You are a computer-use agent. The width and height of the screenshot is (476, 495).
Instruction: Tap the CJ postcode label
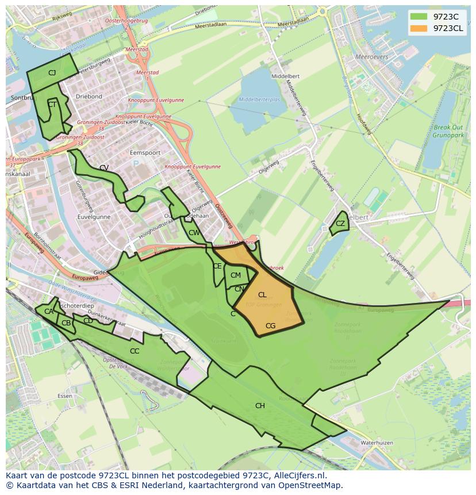click(52, 73)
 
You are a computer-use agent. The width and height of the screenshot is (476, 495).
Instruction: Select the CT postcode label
click(52, 105)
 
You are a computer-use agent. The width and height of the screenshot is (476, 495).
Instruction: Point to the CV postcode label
click(104, 168)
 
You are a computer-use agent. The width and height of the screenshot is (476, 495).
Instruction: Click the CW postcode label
click(194, 233)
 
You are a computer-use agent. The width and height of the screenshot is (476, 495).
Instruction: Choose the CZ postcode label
click(340, 224)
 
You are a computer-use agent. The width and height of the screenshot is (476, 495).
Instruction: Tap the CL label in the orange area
click(262, 295)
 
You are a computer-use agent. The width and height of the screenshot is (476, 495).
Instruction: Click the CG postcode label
click(270, 326)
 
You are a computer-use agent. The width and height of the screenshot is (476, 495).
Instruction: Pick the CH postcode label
click(260, 406)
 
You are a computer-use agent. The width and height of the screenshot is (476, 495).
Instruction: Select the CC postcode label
click(135, 351)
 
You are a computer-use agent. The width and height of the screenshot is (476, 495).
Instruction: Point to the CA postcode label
click(49, 312)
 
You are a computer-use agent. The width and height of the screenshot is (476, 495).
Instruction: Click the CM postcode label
click(236, 275)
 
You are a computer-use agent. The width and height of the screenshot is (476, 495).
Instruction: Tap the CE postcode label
click(217, 266)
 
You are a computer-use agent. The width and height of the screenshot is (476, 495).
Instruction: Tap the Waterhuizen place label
click(377, 443)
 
